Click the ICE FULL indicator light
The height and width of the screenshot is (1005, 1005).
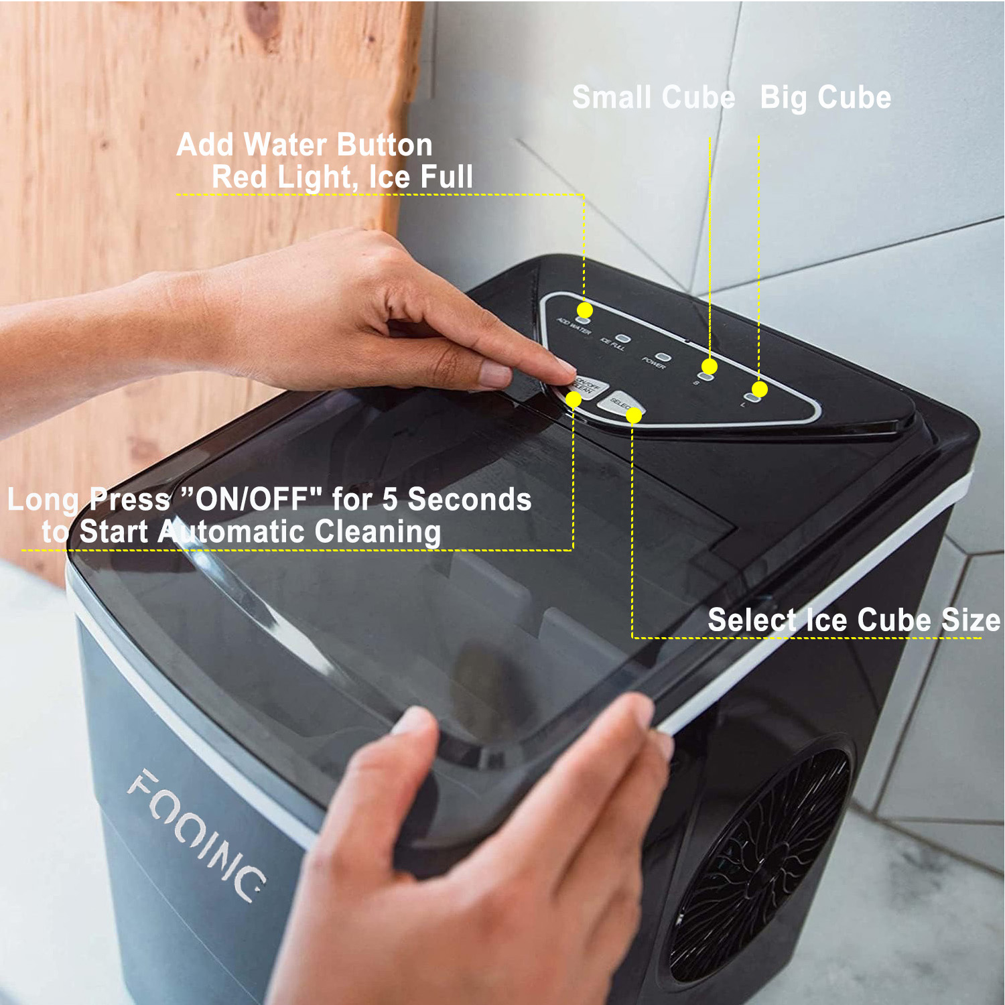tap(623, 339)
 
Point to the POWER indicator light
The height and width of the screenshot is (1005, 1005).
tap(662, 357)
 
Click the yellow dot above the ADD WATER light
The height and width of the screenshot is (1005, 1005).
tap(585, 310)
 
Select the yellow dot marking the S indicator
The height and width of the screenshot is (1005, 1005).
tap(710, 366)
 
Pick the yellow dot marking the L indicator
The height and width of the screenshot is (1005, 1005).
tap(759, 389)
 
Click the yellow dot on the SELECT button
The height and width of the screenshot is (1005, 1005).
tap(633, 416)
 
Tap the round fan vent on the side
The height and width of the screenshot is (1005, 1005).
tap(760, 864)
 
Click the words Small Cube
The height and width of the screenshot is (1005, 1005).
tap(653, 98)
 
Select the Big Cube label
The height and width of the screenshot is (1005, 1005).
tap(825, 98)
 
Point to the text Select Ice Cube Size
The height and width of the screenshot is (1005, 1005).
tap(854, 620)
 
